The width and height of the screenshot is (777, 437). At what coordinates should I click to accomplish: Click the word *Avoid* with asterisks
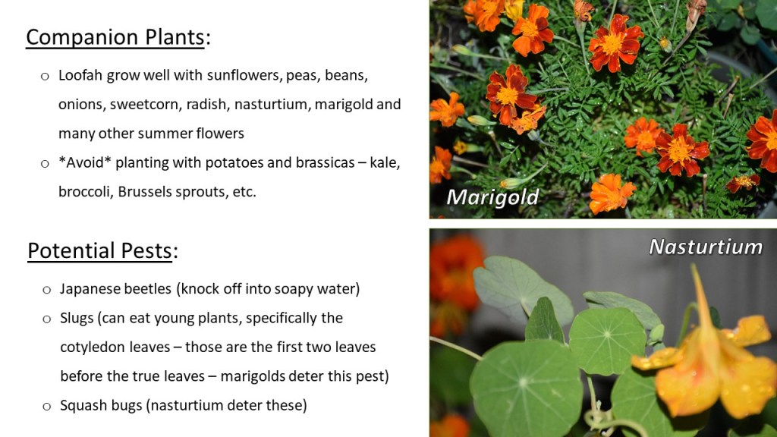pyautogui.click(x=85, y=162)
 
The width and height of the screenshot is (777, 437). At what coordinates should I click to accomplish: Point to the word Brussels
pyautogui.click(x=144, y=192)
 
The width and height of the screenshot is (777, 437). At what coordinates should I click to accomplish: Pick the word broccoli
pyautogui.click(x=86, y=192)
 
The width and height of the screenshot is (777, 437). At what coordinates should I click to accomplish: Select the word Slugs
pyautogui.click(x=77, y=318)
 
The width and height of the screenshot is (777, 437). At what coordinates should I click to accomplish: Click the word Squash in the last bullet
pyautogui.click(x=80, y=406)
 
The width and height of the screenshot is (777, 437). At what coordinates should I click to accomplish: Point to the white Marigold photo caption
pyautogui.click(x=492, y=198)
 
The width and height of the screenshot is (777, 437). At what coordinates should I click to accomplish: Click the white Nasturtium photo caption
pyautogui.click(x=706, y=247)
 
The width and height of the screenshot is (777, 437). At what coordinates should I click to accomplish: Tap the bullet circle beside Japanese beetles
pyautogui.click(x=46, y=290)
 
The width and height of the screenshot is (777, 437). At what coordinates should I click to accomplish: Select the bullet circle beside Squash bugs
pyautogui.click(x=46, y=407)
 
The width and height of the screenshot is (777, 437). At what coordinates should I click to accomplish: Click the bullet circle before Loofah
pyautogui.click(x=45, y=77)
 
